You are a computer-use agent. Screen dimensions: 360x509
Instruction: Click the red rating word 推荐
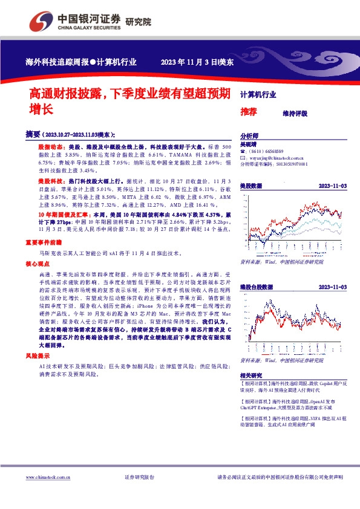click(249, 112)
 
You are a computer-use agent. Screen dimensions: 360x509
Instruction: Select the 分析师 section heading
click(249, 137)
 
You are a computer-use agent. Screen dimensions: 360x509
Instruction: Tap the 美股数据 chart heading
click(251, 186)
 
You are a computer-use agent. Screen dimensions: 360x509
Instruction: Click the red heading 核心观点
click(36, 265)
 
